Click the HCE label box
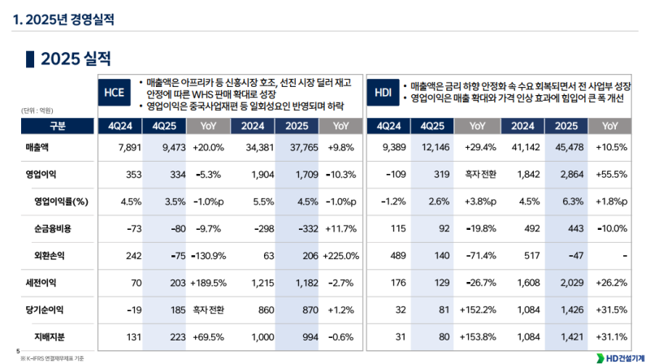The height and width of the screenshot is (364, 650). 115,93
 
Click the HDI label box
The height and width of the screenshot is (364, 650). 383,93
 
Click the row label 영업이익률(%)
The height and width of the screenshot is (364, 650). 61,201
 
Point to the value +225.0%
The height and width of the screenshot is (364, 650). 341,255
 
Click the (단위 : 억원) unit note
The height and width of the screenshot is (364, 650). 37,110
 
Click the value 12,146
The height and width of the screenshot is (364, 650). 430,148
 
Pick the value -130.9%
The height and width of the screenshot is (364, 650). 206,255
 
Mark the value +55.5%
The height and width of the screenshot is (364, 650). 611,175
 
